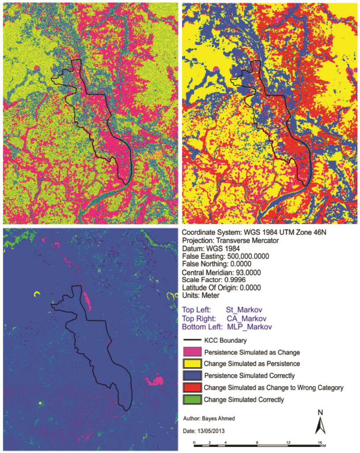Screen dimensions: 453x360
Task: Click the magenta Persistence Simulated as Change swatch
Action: tap(191, 352)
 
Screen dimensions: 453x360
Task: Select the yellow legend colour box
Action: tap(191, 364)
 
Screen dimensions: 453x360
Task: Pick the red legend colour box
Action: tap(191, 387)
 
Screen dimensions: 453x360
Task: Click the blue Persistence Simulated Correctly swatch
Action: tap(191, 376)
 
